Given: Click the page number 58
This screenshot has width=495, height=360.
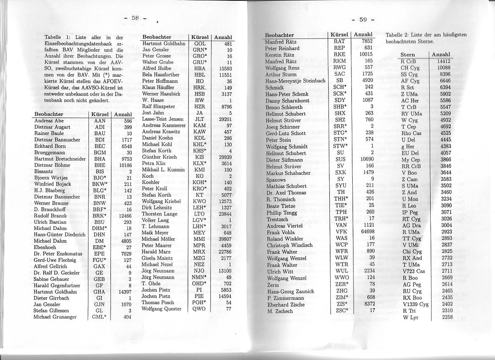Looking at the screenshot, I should [x=135, y=18].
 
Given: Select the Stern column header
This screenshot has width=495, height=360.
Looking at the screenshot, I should [x=408, y=55].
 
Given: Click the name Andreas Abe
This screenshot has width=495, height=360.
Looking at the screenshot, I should [x=49, y=121].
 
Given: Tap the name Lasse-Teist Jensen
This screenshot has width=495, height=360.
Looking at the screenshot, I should [x=163, y=119].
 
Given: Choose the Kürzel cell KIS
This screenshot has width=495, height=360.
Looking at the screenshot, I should [x=199, y=157].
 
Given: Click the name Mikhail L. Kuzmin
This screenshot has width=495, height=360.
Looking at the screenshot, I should [x=163, y=169].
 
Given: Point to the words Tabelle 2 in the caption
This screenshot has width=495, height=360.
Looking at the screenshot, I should [x=397, y=34].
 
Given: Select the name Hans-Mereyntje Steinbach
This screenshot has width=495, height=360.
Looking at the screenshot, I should [x=295, y=81].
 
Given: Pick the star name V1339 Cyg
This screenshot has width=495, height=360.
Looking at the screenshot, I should [x=415, y=304].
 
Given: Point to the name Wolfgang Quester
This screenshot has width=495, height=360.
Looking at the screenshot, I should [x=161, y=309].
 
